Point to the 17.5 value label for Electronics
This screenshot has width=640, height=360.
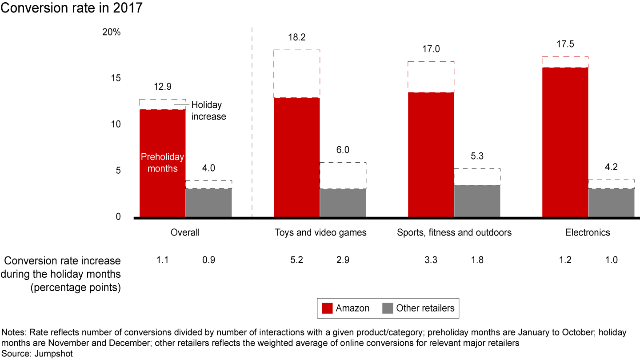pos(565,45)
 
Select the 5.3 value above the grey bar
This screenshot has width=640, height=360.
pos(477,156)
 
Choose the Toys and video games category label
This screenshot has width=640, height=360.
pos(320,232)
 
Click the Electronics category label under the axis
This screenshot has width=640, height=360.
pos(588,232)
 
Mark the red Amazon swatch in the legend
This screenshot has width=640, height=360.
pos(327,308)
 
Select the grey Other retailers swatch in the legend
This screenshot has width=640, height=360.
pos(388,308)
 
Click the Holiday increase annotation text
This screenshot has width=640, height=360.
pos(208,111)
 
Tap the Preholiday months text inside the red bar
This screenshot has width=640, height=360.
pos(162,163)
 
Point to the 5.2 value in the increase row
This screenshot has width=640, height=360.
pos(296,260)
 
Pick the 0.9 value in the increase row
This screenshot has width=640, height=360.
pos(208,260)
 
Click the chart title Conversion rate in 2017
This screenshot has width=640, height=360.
pos(71,8)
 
